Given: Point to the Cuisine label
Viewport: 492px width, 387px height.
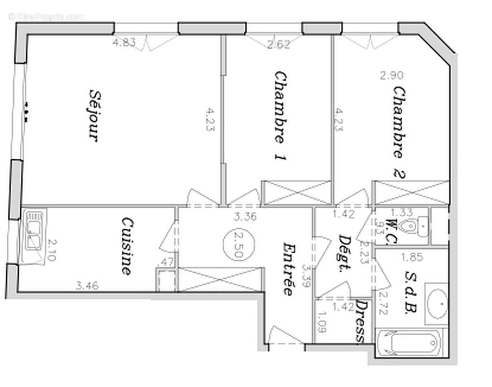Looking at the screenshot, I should point(127,246).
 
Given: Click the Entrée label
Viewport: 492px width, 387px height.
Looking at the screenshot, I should point(289,268).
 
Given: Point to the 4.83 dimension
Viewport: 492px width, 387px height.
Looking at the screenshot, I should point(124,43).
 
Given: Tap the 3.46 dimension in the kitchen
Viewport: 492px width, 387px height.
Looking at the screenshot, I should point(87,285).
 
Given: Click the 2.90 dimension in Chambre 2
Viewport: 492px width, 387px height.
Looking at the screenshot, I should point(391,75).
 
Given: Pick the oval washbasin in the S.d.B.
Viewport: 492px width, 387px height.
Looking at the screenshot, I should point(438,304).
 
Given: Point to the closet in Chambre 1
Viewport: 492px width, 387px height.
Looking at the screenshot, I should point(296,193).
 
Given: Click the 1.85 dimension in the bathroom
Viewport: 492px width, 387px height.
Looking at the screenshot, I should point(412,257).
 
